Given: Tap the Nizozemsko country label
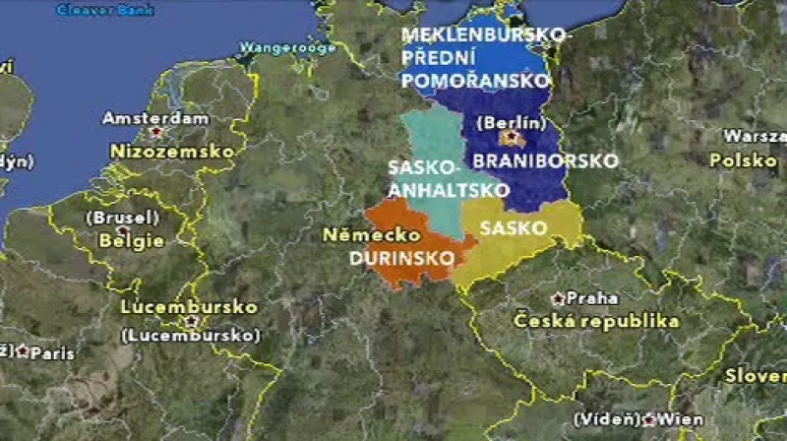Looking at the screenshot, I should point(172,152).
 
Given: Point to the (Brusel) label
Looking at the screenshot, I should point(123,218).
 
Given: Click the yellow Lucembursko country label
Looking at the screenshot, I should point(189,307).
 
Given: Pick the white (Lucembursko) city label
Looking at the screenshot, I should point(190,336).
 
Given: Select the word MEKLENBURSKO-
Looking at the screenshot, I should point(485,35).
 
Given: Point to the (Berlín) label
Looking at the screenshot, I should point(511,123).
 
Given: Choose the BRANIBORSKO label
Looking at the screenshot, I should point(546,159).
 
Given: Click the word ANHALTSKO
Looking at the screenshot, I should point(448,190).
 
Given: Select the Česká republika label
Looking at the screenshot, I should point(597,322).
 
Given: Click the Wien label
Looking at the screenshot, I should point(682,419).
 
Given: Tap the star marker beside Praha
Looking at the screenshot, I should point(558,297).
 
